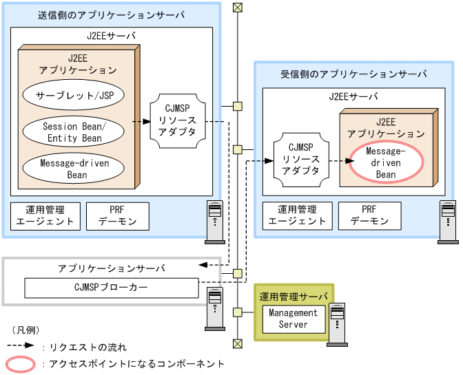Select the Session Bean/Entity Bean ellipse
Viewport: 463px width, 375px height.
point(73,132)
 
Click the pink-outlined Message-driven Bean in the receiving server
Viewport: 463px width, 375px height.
point(385,163)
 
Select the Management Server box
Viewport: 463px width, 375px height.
point(293,319)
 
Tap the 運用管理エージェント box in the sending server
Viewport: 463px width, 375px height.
point(45,215)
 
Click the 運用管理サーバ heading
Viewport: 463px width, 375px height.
point(294,297)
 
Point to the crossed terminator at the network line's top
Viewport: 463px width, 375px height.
point(238,8)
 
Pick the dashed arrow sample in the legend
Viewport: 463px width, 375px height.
point(21,347)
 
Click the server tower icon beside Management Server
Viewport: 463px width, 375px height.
point(337,319)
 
